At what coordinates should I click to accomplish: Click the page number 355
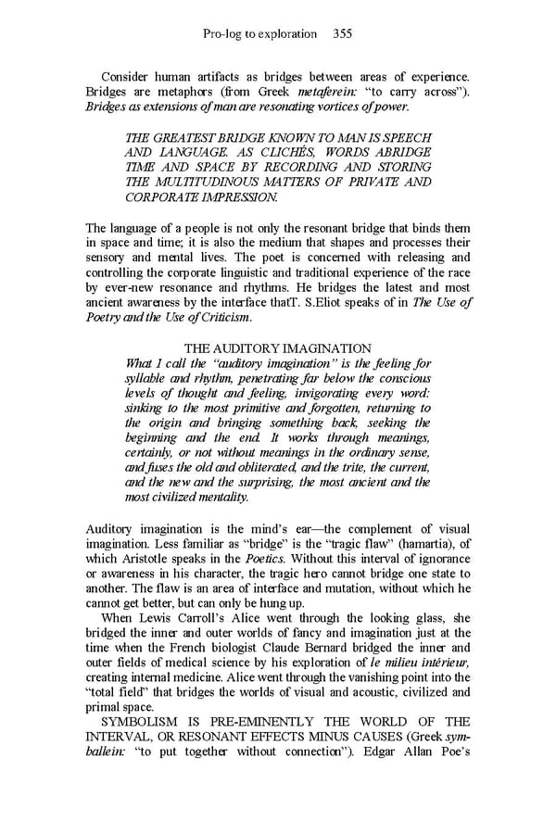pyautogui.click(x=342, y=34)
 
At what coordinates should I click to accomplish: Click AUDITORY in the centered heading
pyautogui.click(x=257, y=347)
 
